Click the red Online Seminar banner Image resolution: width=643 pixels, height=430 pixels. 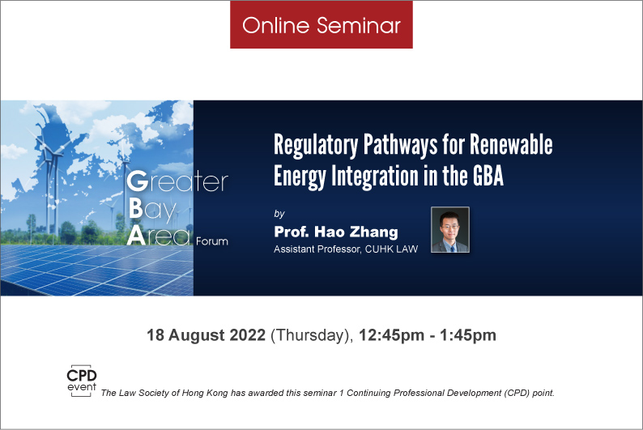pos(321,24)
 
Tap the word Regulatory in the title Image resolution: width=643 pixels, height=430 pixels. pos(316,146)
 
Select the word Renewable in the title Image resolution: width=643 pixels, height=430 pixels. pos(511,144)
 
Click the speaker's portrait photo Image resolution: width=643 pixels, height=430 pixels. pos(449,229)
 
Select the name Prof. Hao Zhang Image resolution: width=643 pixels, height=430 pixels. pos(336,232)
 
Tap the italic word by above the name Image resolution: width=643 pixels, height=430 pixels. pos(279,214)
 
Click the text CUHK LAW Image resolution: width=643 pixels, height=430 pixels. pos(391,249)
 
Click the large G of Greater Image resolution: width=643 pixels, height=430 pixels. pos(137,181)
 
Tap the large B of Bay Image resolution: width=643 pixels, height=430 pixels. pos(136,209)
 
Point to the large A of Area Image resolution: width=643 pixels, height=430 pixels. pos(136,236)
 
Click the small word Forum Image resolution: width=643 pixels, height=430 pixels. pos(212,241)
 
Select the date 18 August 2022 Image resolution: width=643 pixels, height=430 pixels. pos(207,335)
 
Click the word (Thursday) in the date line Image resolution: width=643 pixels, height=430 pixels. pos(312,336)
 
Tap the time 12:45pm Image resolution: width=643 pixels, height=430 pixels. pos(391,336)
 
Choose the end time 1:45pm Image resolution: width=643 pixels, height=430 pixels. pos(468,336)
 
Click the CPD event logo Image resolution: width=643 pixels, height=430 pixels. pos(82,381)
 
